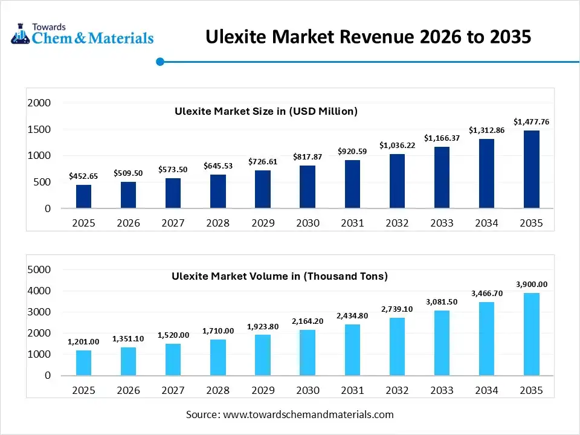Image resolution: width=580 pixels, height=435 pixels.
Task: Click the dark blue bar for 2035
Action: coord(531,169)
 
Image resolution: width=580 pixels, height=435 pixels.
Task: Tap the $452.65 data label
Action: coord(83,176)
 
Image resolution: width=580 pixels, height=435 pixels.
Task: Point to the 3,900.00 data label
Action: coord(531,285)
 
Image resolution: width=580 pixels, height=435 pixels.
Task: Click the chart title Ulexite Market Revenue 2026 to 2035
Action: coord(369,37)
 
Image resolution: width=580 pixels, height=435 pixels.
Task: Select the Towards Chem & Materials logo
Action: coord(82,34)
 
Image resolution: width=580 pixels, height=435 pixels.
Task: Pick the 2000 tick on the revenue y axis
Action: coord(39,103)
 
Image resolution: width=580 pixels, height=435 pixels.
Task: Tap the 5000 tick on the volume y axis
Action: coord(39,269)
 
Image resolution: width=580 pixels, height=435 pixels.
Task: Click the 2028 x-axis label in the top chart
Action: coord(217,223)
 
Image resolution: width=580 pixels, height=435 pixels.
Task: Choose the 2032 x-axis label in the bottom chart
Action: coord(397,390)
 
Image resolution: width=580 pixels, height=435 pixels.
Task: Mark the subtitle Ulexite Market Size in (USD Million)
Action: coord(266,111)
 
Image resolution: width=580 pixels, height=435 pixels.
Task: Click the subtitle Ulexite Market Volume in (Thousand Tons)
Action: coord(279,276)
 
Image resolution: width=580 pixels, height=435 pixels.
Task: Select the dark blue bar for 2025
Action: coord(83,196)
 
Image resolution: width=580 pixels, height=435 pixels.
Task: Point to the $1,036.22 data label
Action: coord(397,146)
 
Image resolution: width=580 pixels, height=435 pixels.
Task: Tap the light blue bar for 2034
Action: coord(486,338)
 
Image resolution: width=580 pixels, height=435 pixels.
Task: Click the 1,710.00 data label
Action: coord(217,331)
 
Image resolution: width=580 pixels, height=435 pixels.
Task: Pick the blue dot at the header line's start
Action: coord(160,62)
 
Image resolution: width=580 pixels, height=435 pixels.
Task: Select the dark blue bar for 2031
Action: coord(352,184)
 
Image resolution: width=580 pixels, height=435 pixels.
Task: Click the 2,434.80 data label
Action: coord(352,316)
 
